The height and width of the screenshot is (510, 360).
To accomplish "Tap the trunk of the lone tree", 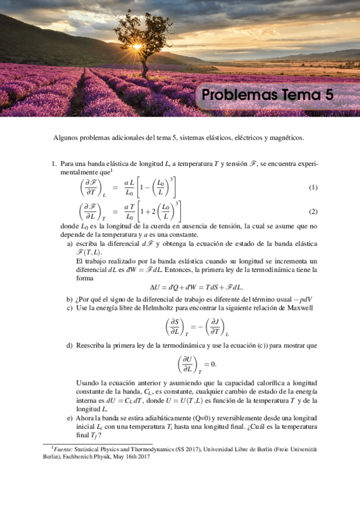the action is [x=145, y=63].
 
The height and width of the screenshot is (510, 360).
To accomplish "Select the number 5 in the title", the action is [x=329, y=96].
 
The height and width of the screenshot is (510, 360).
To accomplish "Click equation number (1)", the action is [x=313, y=188].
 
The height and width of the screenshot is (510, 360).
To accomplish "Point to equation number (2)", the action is [x=313, y=212].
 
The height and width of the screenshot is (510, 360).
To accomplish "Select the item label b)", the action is [x=70, y=299].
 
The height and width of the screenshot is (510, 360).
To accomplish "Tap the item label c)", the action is [x=70, y=307].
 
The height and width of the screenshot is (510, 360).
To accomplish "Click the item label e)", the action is [x=70, y=418].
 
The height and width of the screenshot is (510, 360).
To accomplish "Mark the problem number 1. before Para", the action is [x=53, y=162].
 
